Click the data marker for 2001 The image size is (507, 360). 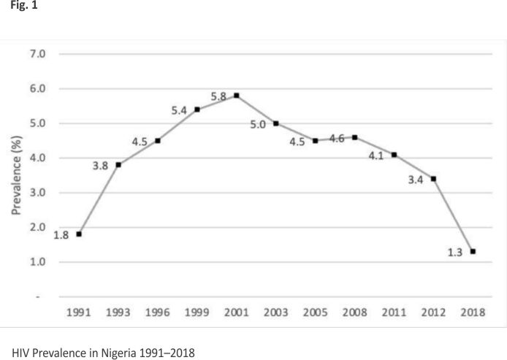click(x=237, y=96)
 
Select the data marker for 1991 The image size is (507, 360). click(x=79, y=234)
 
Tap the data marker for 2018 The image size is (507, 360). click(x=473, y=252)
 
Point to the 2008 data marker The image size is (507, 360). click(x=355, y=137)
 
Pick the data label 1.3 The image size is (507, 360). click(x=455, y=252)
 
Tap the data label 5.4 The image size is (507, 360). click(x=180, y=110)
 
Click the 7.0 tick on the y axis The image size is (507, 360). click(x=37, y=54)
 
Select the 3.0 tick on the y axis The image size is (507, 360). click(x=37, y=193)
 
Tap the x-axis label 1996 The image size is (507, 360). click(x=158, y=313)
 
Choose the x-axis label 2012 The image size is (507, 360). click(x=434, y=313)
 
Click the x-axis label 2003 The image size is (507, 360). click(x=276, y=313)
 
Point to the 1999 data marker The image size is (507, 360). click(x=197, y=110)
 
